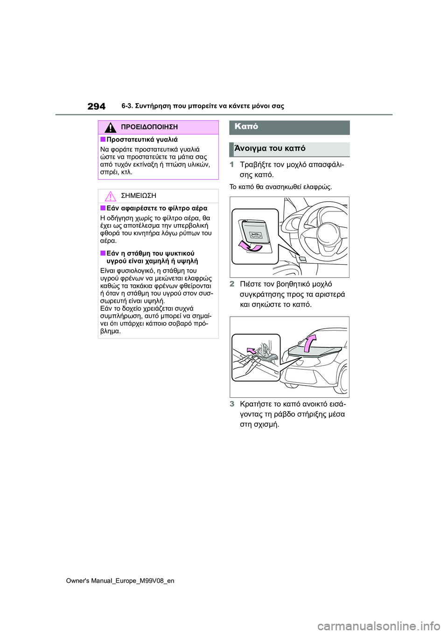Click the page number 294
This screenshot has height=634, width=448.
click(96, 106)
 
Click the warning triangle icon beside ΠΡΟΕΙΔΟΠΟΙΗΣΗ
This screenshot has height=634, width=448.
click(111, 127)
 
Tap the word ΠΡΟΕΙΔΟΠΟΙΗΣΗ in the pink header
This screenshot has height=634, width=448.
click(149, 127)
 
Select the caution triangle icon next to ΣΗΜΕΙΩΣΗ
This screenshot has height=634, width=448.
click(110, 196)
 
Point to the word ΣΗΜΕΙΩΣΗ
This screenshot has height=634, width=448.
click(138, 196)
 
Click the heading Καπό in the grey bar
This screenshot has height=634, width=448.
click(246, 127)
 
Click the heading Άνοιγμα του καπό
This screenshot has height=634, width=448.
click(270, 148)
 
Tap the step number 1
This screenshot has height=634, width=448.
click(232, 164)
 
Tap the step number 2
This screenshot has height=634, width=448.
click(232, 284)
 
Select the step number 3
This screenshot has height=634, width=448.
click(232, 404)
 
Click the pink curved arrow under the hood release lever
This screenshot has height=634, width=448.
click(250, 246)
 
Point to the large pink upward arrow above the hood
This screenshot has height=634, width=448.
click(310, 343)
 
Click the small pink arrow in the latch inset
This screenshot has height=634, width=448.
click(251, 351)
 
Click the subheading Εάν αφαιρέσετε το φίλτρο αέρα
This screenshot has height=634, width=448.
click(157, 208)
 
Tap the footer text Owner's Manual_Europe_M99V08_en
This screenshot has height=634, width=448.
click(120, 581)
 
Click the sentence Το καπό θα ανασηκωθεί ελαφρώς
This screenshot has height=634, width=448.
click(280, 187)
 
